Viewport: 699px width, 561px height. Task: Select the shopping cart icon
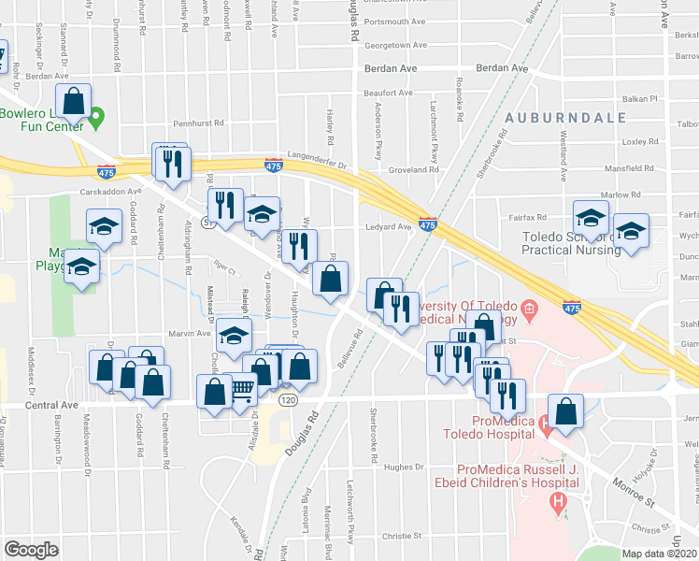(242, 388)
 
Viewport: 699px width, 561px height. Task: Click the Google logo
(31, 550)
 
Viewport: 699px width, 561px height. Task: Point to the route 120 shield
(289, 400)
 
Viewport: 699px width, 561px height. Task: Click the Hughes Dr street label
(404, 467)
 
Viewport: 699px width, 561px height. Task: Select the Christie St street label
(403, 537)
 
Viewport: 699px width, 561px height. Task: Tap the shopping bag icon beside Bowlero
(73, 100)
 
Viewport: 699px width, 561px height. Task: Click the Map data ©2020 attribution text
(660, 554)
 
